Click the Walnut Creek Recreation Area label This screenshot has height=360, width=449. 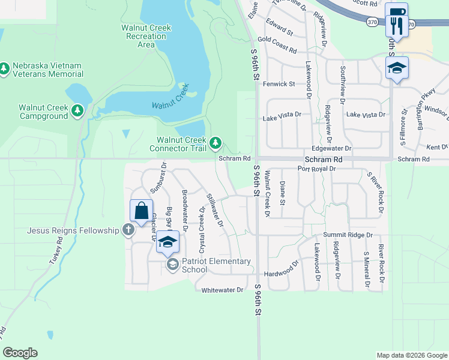tap(146, 36)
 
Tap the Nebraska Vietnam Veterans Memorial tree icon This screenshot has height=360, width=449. tap(5, 70)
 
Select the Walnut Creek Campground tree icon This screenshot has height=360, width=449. tap(77, 111)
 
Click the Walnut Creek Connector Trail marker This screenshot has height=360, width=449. tap(215, 143)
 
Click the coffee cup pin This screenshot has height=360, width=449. tap(396, 12)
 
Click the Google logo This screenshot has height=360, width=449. tap(20, 353)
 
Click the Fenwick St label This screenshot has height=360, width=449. tap(279, 84)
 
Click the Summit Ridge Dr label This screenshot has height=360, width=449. tap(348, 235)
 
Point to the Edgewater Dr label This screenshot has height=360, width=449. tap(332, 148)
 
